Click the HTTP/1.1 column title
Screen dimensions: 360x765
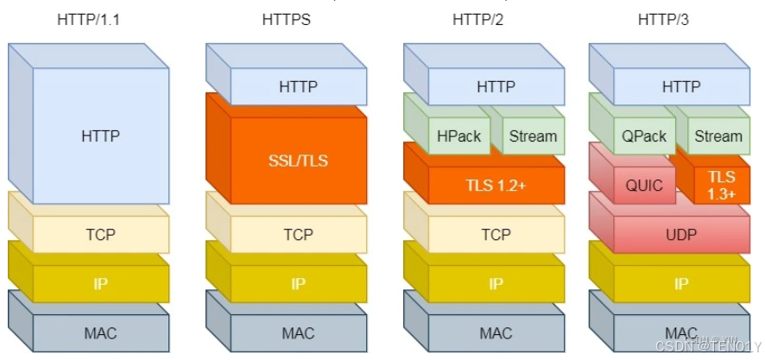pyautogui.click(x=89, y=19)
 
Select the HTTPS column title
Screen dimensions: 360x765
pyautogui.click(x=287, y=19)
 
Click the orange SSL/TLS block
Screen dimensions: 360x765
pyautogui.click(x=298, y=161)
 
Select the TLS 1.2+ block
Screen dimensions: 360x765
pyautogui.click(x=496, y=185)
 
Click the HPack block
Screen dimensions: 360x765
pyautogui.click(x=458, y=136)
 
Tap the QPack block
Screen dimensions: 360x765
pyautogui.click(x=644, y=136)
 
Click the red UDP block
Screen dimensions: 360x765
pyautogui.click(x=681, y=234)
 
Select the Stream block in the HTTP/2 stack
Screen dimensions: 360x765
pyautogui.click(x=533, y=136)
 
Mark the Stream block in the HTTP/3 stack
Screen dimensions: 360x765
pyautogui.click(x=718, y=136)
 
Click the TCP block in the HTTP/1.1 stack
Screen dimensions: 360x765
pyautogui.click(x=100, y=234)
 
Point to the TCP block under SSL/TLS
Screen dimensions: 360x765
pyautogui.click(x=298, y=234)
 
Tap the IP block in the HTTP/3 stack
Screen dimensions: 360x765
pyautogui.click(x=681, y=283)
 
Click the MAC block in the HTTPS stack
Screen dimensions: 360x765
pyautogui.click(x=298, y=332)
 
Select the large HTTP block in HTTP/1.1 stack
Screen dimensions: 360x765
pyautogui.click(x=100, y=136)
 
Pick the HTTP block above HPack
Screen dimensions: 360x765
pyautogui.click(x=496, y=86)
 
